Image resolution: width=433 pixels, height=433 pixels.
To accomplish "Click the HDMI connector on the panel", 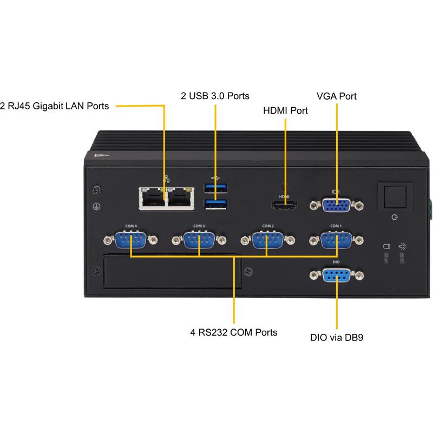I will (285, 205).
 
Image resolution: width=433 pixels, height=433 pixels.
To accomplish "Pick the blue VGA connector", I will (336, 206).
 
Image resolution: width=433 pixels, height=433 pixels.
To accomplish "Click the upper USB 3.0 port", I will (215, 188).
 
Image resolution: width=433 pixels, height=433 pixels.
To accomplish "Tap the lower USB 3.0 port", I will (215, 204).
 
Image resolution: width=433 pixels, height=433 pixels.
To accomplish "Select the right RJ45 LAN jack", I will (180, 198).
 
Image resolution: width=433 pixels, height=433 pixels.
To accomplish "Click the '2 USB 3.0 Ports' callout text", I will (215, 96).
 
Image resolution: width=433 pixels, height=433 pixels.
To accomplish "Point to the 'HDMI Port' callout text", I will (285, 110).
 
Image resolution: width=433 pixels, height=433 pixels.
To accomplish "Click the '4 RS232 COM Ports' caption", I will (234, 332).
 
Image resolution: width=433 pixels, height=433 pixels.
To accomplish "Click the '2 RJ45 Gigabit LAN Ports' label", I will (54, 106).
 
